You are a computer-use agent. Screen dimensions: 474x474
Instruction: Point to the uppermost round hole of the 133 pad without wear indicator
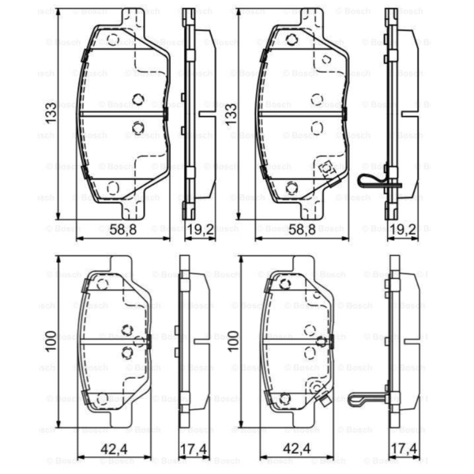112,39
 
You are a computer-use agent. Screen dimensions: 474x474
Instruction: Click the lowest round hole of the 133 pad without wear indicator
111,186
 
